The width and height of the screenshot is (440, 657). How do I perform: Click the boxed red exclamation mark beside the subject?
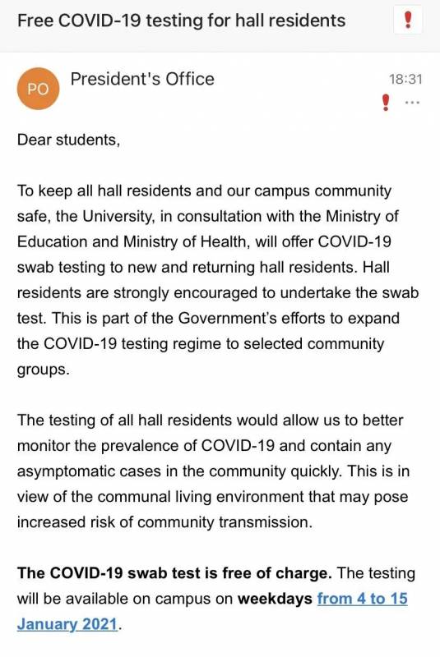point(409,21)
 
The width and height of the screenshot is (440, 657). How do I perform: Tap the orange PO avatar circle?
point(38,90)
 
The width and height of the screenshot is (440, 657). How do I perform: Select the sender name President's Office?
point(142,79)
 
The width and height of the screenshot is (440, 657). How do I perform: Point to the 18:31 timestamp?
point(405,80)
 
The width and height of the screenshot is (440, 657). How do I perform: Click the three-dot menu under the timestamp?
point(412,103)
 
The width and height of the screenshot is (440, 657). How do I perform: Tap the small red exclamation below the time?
point(385,103)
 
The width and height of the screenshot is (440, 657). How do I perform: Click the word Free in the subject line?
point(35,21)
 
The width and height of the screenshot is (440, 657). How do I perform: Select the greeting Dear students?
point(68,139)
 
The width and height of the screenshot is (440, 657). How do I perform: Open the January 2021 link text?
point(67,625)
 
